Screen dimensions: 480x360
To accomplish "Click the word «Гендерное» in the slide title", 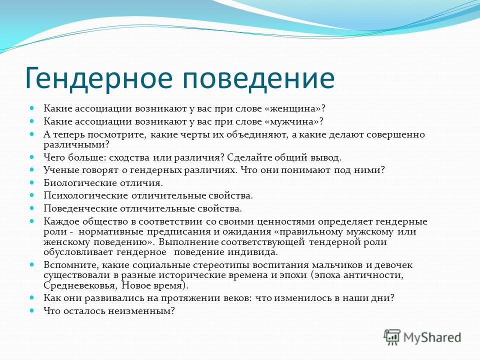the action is click(99, 77).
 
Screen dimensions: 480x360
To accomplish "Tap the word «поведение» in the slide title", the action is click(258, 77).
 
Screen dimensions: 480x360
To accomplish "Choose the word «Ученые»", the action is click(59, 170).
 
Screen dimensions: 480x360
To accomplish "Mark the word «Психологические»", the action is click(85, 195).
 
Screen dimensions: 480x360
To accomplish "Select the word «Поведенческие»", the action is click(80, 209).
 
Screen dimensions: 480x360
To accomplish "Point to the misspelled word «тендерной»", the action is click(334, 242).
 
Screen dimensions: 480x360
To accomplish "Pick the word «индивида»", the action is click(252, 252).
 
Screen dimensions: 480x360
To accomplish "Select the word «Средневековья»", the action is click(79, 285).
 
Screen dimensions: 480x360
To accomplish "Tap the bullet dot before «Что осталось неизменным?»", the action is click(32, 310).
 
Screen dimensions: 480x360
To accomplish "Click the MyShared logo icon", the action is click(392, 337).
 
